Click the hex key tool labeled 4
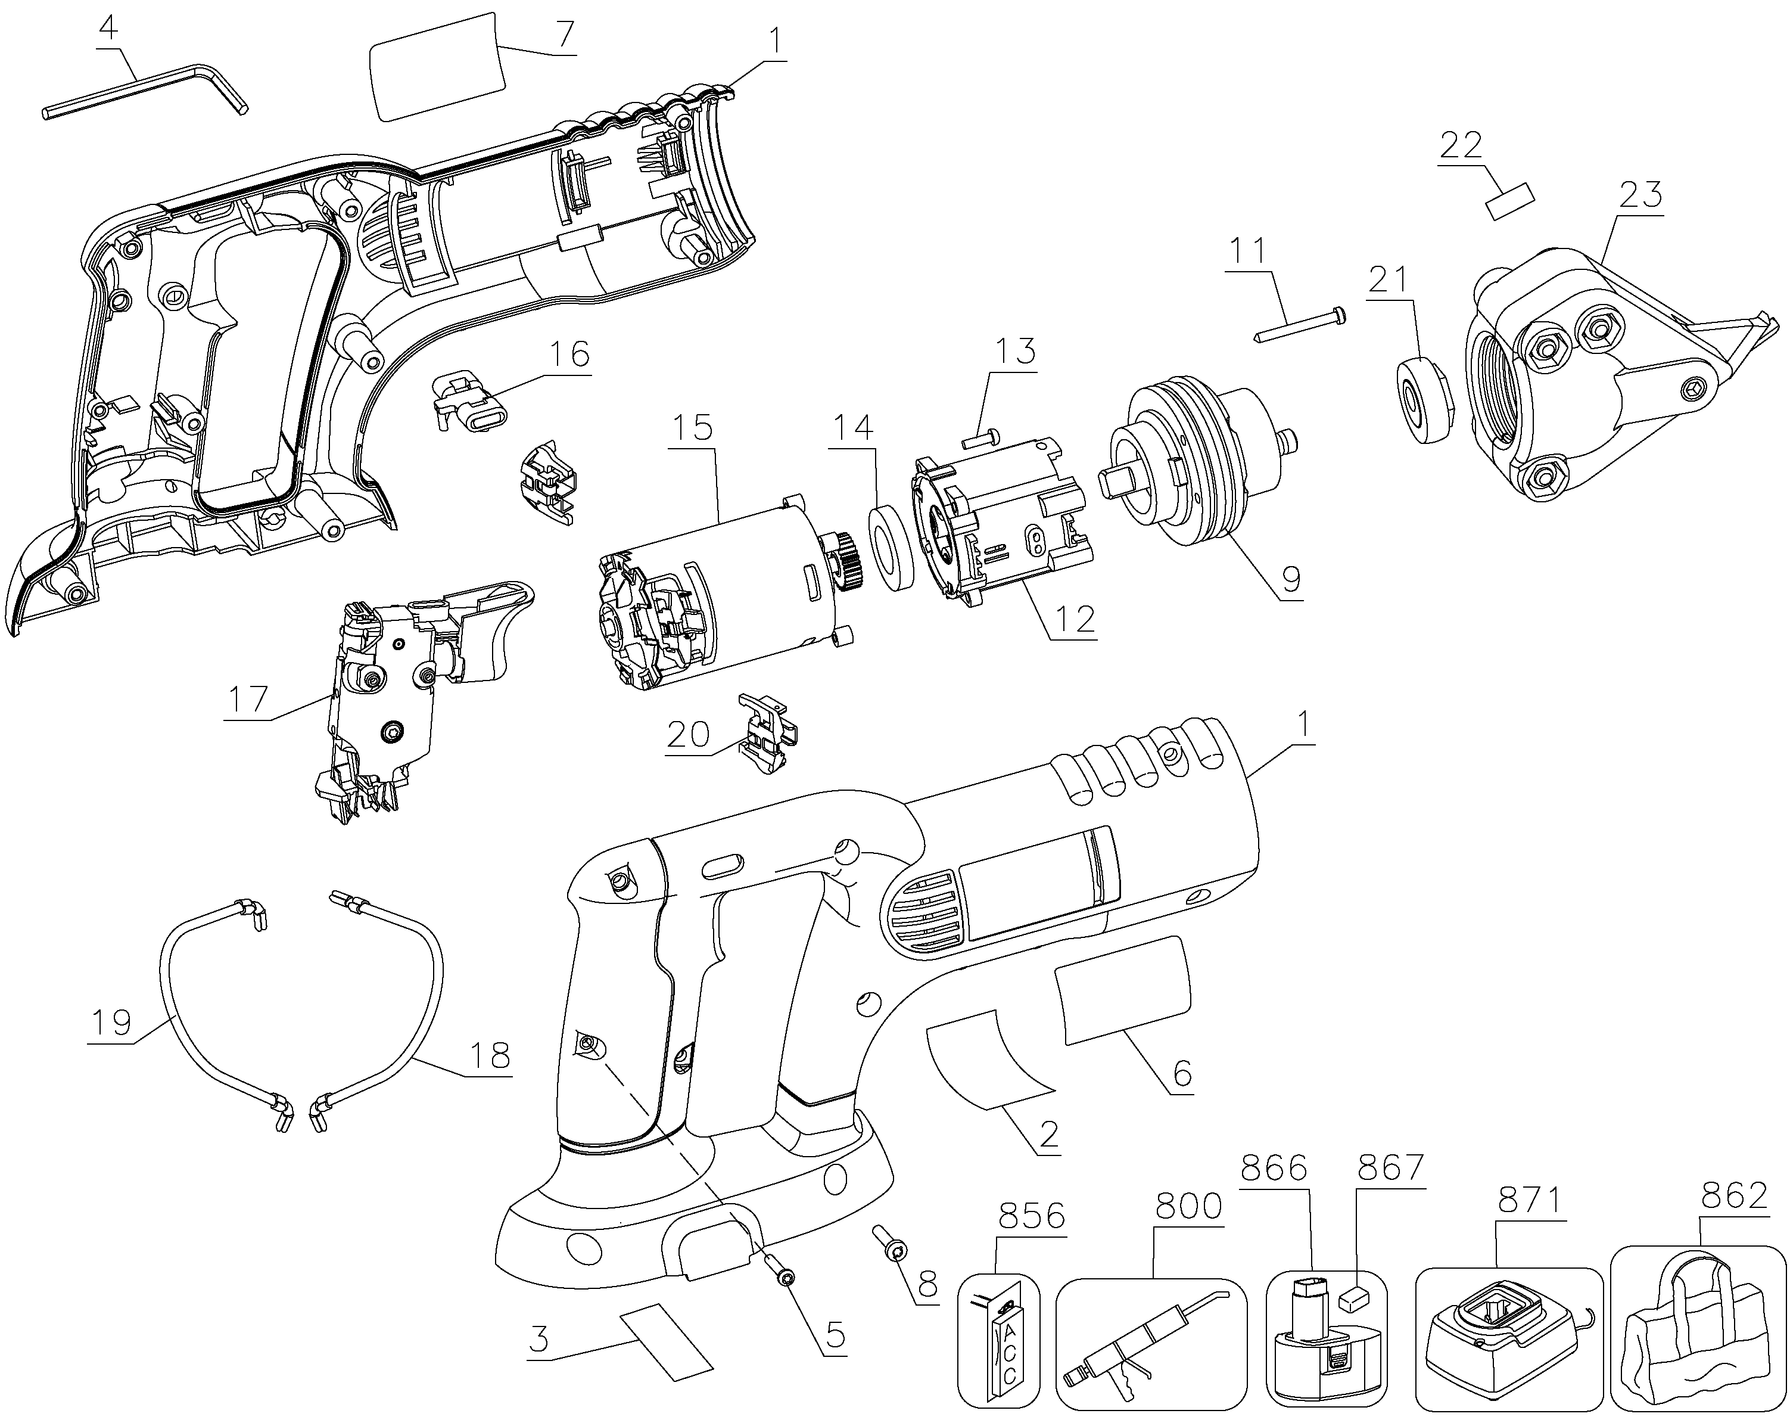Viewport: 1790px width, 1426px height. coord(145,91)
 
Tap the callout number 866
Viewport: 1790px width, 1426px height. coord(1274,1169)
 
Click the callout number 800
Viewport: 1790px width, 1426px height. coord(1188,1206)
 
